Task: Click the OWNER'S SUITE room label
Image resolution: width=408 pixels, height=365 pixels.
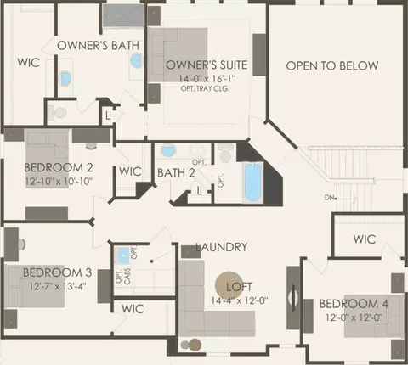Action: [x=207, y=65]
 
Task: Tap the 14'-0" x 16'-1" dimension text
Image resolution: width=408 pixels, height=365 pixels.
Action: [x=207, y=78]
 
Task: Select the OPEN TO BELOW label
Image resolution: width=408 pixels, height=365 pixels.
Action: [x=332, y=66]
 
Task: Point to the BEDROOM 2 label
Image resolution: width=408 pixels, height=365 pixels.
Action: [x=59, y=167]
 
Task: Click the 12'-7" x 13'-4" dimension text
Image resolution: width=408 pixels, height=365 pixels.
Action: [x=58, y=286]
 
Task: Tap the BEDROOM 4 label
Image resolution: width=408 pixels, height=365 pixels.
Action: [x=354, y=304]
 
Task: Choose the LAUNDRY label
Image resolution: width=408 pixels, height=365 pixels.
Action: [x=222, y=247]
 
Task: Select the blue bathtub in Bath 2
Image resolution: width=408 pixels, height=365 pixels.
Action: [x=252, y=182]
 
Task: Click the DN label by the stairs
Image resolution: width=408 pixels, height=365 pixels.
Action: [x=330, y=197]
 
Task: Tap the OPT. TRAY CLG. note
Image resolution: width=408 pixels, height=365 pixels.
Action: [x=205, y=88]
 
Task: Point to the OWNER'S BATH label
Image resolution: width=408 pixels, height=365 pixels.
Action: [x=98, y=46]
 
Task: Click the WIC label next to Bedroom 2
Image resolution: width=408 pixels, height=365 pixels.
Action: [x=130, y=171]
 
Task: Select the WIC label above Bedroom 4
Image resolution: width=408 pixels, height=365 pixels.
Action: [x=365, y=239]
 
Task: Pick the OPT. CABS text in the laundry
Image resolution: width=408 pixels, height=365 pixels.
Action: [x=123, y=276]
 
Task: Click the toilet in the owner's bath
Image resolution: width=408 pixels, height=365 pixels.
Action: [x=57, y=113]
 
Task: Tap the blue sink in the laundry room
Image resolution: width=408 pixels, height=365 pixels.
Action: [x=123, y=255]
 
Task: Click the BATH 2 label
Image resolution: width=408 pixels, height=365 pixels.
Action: [x=176, y=173]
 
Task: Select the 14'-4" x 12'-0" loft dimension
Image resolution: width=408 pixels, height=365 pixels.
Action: [x=240, y=300]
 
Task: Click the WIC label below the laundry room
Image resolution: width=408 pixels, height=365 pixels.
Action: [x=133, y=309]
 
